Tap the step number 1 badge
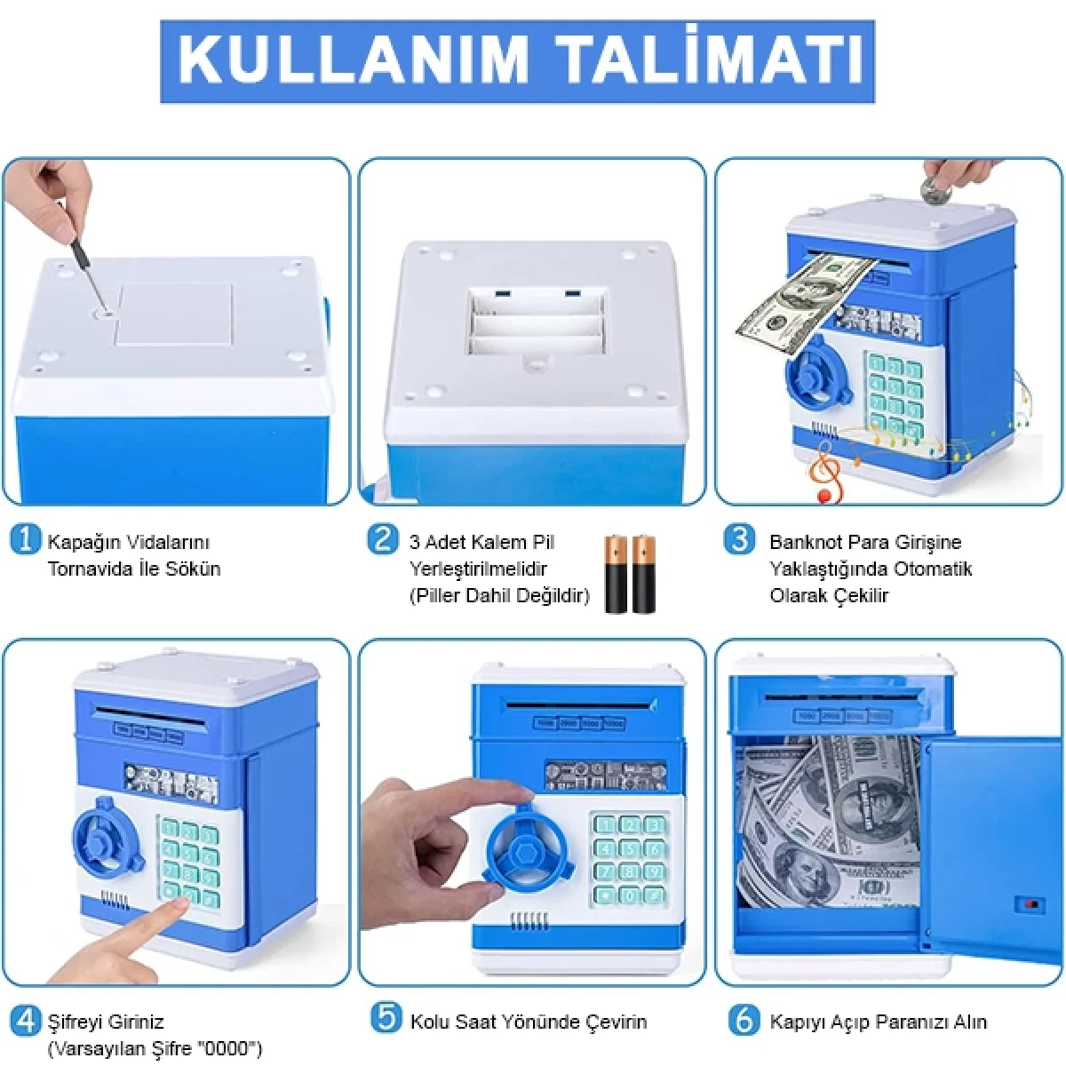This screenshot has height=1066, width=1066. pyautogui.click(x=26, y=539)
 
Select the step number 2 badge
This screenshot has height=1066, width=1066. pyautogui.click(x=383, y=539)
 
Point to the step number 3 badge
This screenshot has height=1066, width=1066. pyautogui.click(x=739, y=539)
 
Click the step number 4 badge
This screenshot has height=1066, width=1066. pyautogui.click(x=26, y=1020)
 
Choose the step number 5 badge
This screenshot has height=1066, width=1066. pyautogui.click(x=386, y=1018)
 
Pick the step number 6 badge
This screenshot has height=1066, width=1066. pyautogui.click(x=743, y=1020)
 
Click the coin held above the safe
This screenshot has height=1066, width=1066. pyautogui.click(x=935, y=189)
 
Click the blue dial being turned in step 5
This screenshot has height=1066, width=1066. pyautogui.click(x=525, y=845)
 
